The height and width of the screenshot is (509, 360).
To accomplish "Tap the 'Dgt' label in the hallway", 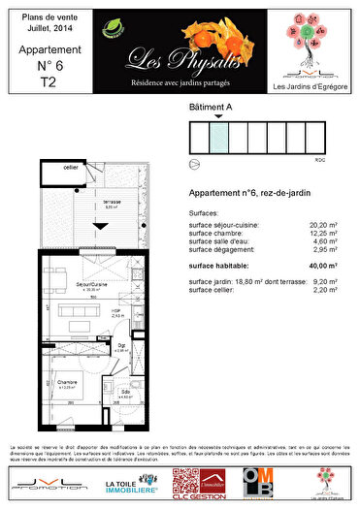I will (x=122, y=345).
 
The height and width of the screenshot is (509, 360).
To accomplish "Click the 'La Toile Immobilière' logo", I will (x=127, y=482).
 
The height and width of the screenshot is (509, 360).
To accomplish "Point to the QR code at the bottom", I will (x=184, y=482).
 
